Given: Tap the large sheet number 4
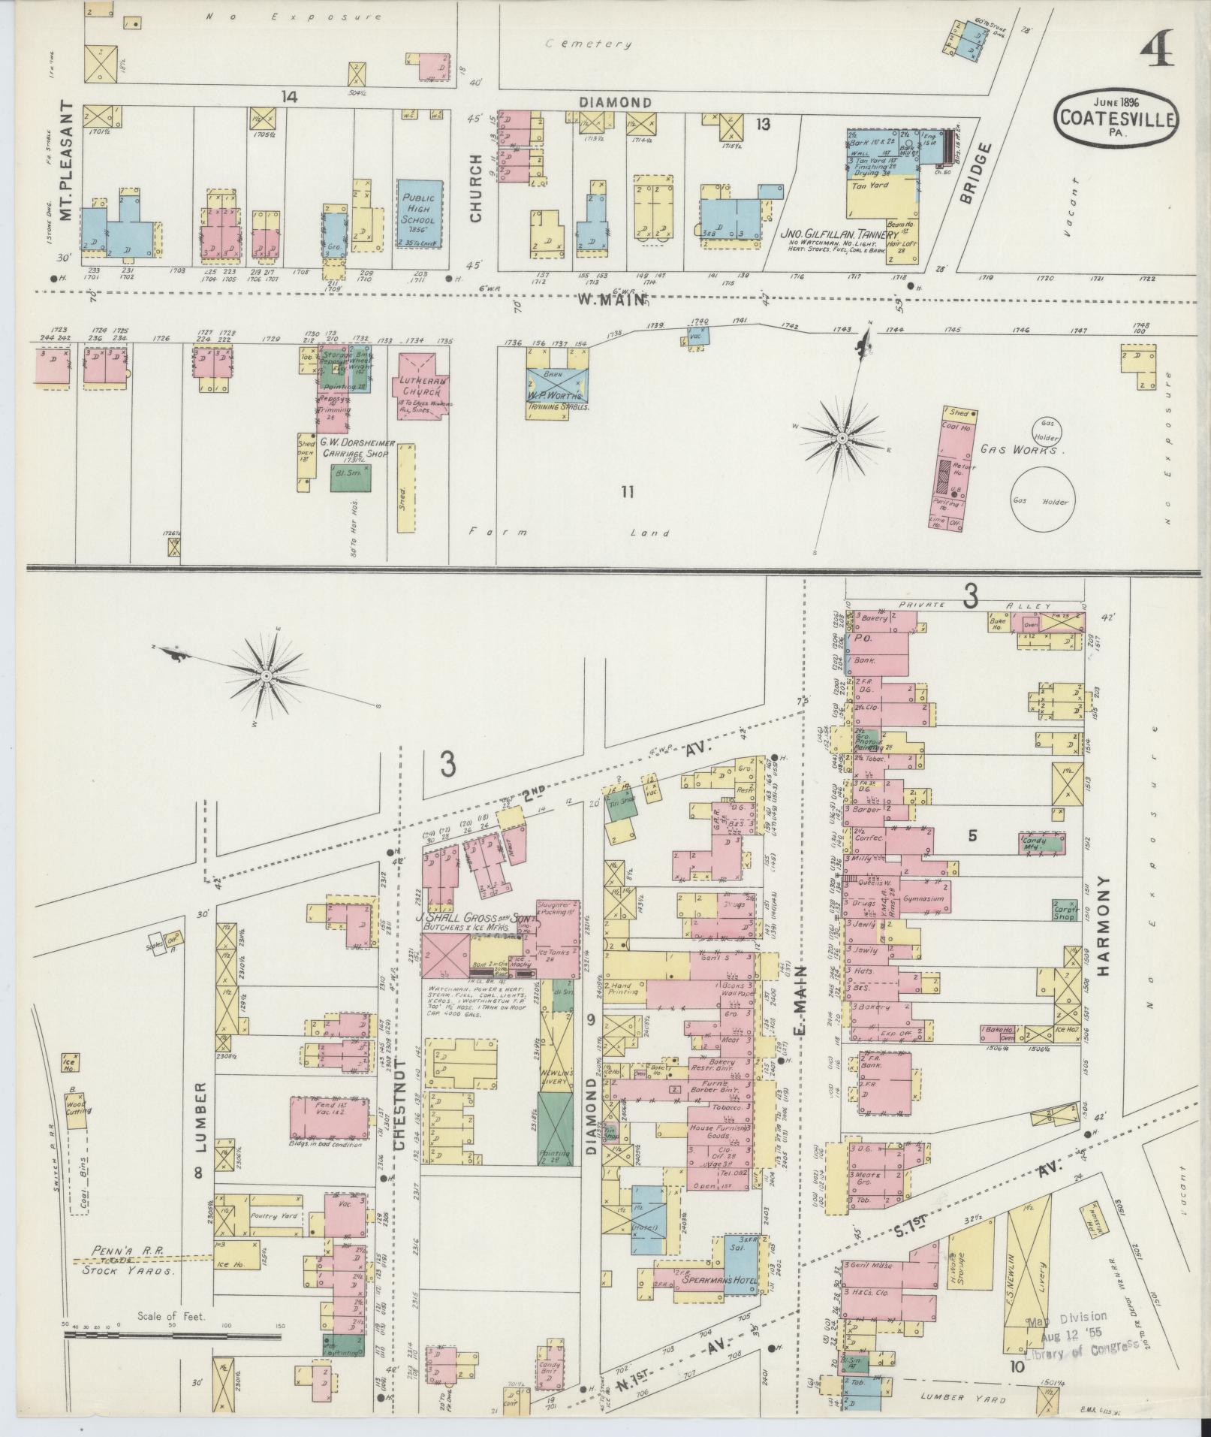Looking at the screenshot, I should [1157, 51].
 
